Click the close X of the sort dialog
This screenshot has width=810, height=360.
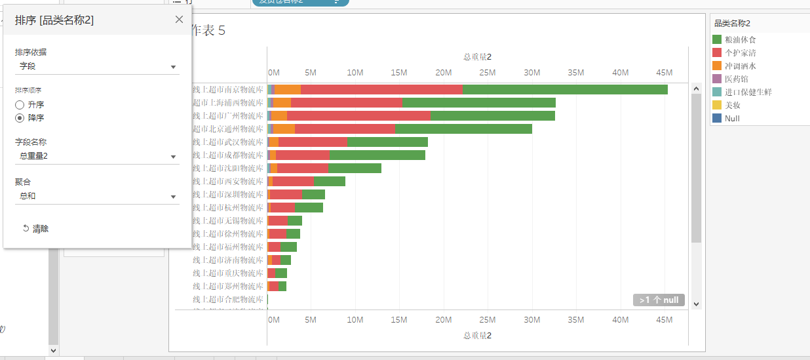(x=179, y=20)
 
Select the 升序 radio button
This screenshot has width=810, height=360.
(x=20, y=105)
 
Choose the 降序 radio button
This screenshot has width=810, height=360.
(x=20, y=118)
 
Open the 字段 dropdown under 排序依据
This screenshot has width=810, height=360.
(x=97, y=66)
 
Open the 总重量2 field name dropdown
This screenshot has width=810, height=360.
(x=97, y=156)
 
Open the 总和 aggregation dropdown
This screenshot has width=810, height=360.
(x=97, y=196)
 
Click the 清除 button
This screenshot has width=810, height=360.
(x=35, y=229)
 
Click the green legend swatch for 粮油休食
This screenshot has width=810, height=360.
(x=717, y=40)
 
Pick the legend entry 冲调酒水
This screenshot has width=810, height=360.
(x=740, y=66)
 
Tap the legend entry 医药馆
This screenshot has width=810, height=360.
(x=736, y=79)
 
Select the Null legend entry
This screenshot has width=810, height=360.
(x=732, y=119)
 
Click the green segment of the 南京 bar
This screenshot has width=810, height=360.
(x=564, y=90)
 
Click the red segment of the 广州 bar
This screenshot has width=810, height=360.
(x=358, y=116)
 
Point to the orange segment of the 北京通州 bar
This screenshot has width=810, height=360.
(x=284, y=129)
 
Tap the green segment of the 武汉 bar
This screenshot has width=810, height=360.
(x=387, y=142)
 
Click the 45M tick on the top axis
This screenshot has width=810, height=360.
(x=665, y=72)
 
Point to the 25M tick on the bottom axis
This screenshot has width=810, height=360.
(x=488, y=319)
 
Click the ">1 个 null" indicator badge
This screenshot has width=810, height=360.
(x=659, y=300)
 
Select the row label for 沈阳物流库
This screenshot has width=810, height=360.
(x=228, y=169)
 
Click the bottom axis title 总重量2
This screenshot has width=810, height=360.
(x=477, y=336)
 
